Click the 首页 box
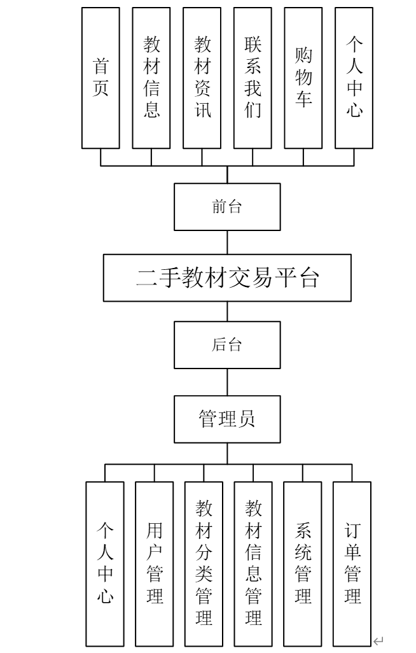[101, 78]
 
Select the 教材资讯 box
[202, 78]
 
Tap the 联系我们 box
[253, 78]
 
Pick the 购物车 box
[303, 78]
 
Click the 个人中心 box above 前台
[354, 78]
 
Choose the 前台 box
[227, 207]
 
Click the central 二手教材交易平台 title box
[227, 278]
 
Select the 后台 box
[227, 345]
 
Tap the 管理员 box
[227, 419]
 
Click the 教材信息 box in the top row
[151, 78]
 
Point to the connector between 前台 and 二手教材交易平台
[227, 242]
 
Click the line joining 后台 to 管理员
[227, 383]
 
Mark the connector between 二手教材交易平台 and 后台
[227, 311]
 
